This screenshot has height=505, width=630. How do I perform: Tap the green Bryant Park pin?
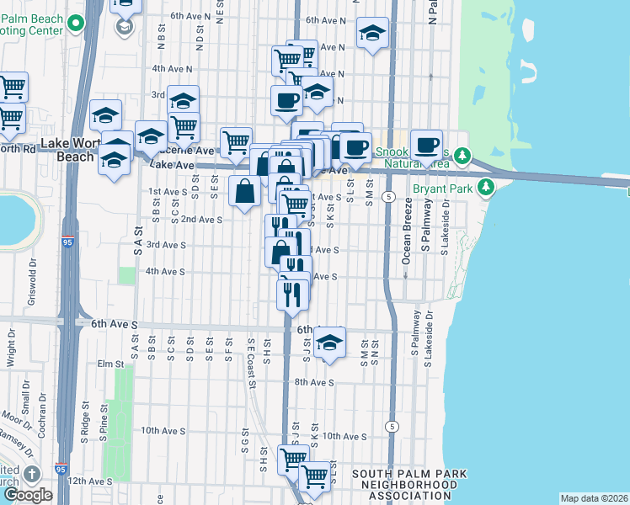click(x=487, y=188)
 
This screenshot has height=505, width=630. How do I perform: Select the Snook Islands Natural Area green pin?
click(x=462, y=156)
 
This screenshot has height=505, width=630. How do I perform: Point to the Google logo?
click(x=28, y=494)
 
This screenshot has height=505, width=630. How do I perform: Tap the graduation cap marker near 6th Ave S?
click(x=329, y=343)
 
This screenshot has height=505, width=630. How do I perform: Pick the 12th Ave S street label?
click(x=88, y=481)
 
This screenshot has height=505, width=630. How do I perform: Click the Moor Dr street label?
click(x=16, y=415)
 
